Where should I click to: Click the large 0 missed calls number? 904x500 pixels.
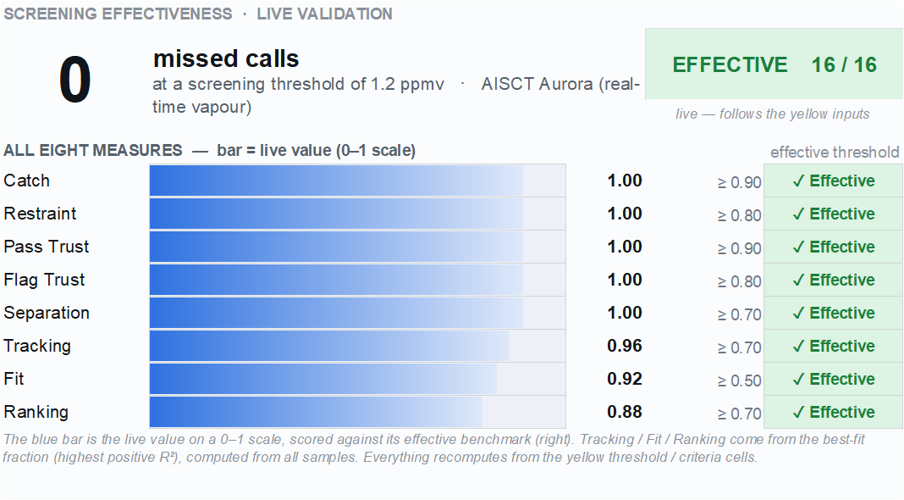(x=75, y=80)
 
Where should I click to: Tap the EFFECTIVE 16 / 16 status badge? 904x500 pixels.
(x=774, y=64)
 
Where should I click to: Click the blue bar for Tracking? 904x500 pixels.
(x=330, y=346)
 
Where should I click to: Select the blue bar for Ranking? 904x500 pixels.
(x=316, y=412)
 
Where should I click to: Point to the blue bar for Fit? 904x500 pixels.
(x=323, y=379)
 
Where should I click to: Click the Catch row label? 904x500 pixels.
(x=26, y=181)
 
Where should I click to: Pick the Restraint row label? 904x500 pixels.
(x=40, y=214)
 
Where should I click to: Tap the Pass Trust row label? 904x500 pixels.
(x=46, y=247)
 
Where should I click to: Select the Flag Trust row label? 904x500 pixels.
(x=44, y=280)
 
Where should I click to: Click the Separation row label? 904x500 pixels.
(x=46, y=313)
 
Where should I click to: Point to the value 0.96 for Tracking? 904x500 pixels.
(x=625, y=346)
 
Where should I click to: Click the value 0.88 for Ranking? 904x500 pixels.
(x=625, y=412)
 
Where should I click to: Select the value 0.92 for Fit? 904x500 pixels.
(x=625, y=379)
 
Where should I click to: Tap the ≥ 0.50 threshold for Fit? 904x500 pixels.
(x=739, y=381)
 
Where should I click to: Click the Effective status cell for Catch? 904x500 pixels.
(x=833, y=181)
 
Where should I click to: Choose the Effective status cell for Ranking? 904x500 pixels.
(x=833, y=412)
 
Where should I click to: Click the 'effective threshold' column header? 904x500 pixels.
(x=835, y=153)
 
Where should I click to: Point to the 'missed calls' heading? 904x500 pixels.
(x=226, y=58)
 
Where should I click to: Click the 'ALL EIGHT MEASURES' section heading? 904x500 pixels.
(x=93, y=150)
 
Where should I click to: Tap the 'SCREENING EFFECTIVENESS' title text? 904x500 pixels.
(x=118, y=14)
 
